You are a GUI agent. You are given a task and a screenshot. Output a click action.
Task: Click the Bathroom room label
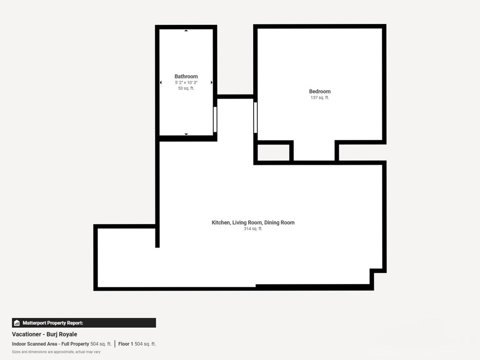click(186, 76)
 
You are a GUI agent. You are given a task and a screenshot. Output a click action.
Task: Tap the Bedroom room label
click(320, 91)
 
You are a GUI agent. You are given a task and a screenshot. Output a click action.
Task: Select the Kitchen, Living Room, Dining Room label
click(253, 223)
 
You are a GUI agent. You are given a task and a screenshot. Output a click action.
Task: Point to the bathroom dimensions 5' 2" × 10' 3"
click(186, 82)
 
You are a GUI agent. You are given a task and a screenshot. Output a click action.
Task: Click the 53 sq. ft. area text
click(186, 88)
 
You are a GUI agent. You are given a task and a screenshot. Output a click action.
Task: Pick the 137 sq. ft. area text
click(320, 97)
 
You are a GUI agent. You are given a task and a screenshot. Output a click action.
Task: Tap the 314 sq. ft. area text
click(253, 229)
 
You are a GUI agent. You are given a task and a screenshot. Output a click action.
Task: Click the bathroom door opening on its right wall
click(215, 120)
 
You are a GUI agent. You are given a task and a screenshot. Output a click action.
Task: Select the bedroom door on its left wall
click(255, 118)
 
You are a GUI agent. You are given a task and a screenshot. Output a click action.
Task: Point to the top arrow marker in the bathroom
click(186, 31)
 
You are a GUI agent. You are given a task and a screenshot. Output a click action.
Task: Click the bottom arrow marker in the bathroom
click(186, 134)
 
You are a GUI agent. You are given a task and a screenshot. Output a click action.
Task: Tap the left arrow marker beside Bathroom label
click(161, 82)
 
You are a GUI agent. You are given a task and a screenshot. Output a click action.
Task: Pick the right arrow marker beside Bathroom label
click(211, 82)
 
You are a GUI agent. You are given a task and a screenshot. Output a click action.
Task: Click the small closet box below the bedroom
click(273, 152)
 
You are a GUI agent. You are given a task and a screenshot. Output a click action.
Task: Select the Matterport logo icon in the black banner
click(17, 323)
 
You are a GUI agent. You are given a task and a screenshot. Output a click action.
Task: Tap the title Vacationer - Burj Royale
click(45, 334)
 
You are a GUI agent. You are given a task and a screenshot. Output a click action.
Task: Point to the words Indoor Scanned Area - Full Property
click(50, 344)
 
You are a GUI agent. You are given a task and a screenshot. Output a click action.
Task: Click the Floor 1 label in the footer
click(125, 344)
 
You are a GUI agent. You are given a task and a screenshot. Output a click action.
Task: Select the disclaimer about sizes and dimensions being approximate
click(56, 352)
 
